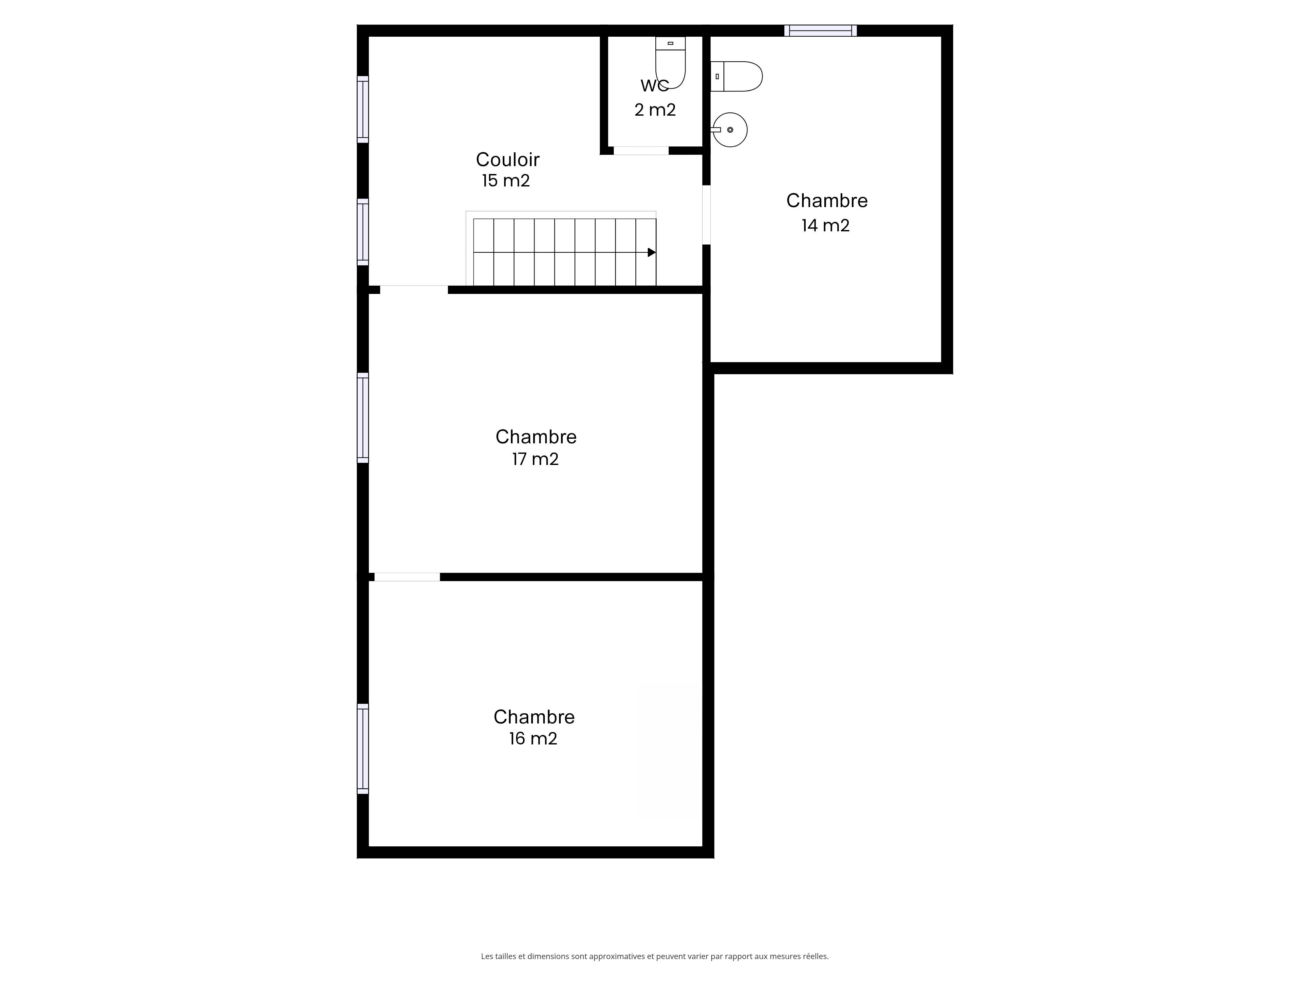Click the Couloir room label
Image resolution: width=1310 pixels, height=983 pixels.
[x=508, y=159]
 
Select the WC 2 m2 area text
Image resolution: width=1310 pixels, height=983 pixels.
[x=655, y=110]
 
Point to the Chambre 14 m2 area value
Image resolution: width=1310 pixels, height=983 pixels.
[x=826, y=225]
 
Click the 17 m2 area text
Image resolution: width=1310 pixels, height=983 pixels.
[x=535, y=459]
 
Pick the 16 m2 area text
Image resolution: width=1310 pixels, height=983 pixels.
[x=533, y=738]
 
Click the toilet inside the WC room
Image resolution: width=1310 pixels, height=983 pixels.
[x=670, y=62]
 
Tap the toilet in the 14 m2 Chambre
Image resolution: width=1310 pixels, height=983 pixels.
[x=736, y=76]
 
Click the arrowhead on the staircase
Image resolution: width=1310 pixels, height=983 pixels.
[x=651, y=252]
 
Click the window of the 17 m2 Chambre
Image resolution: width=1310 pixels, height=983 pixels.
[x=363, y=418]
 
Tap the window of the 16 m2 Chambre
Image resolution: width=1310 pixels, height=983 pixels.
[x=363, y=749]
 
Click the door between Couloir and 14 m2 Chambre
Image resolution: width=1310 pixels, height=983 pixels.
[x=706, y=215]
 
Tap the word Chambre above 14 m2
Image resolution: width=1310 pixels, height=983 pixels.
[x=827, y=201]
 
